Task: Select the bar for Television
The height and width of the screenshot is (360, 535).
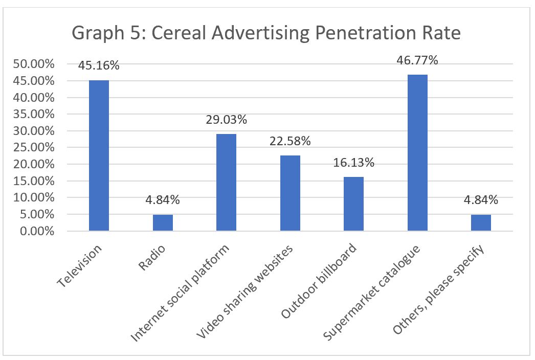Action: pyautogui.click(x=99, y=155)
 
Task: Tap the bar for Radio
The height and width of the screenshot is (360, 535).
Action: pyautogui.click(x=163, y=223)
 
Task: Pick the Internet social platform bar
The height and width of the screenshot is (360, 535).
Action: pyautogui.click(x=226, y=182)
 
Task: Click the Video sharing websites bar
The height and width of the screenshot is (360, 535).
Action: pyautogui.click(x=290, y=193)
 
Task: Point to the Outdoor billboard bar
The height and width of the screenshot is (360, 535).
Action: pyautogui.click(x=353, y=204)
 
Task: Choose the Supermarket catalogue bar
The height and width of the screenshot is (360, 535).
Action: pyautogui.click(x=417, y=153)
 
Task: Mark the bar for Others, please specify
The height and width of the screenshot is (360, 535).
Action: pyautogui.click(x=481, y=223)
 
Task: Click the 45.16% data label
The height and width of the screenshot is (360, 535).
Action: pyautogui.click(x=99, y=65)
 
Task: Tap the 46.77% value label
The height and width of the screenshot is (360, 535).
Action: pyautogui.click(x=417, y=60)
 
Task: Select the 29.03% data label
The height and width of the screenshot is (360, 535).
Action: pyautogui.click(x=226, y=120)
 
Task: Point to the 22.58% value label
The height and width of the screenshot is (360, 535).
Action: pyautogui.click(x=290, y=141)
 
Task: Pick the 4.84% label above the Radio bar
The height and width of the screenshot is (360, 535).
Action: pyautogui.click(x=163, y=200)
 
